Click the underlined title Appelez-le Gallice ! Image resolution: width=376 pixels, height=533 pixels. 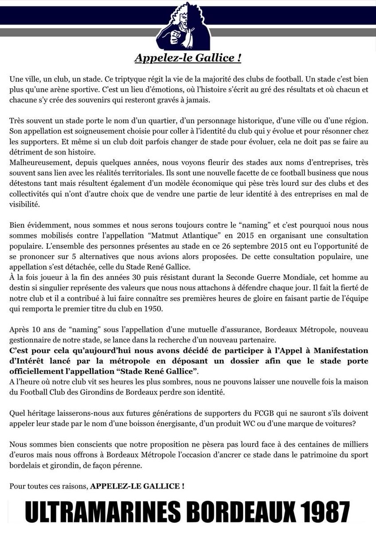188,58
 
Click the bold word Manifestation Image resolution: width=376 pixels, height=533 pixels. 335,351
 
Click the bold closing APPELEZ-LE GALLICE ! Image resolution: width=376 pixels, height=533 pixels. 137,485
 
